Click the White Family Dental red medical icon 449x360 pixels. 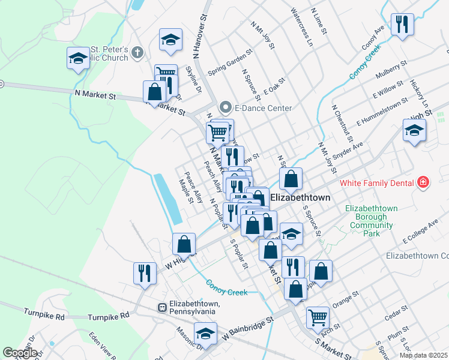424,182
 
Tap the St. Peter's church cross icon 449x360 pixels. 137,53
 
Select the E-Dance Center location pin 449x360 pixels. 226,108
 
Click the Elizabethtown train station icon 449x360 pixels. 161,307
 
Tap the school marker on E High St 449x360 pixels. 414,130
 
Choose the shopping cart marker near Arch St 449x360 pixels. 318,317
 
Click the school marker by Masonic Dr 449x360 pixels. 206,333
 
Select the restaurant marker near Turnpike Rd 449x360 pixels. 144,273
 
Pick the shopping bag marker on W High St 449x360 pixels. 184,244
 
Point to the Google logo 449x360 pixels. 20,352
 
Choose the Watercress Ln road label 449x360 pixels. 301,27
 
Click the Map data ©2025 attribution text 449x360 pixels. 423,355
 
